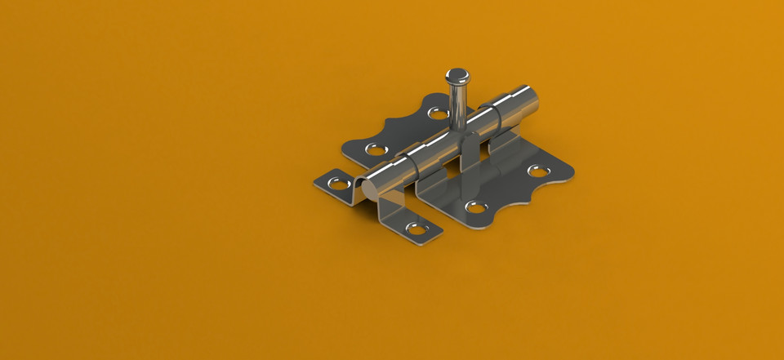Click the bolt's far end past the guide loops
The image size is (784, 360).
(x=531, y=100)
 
